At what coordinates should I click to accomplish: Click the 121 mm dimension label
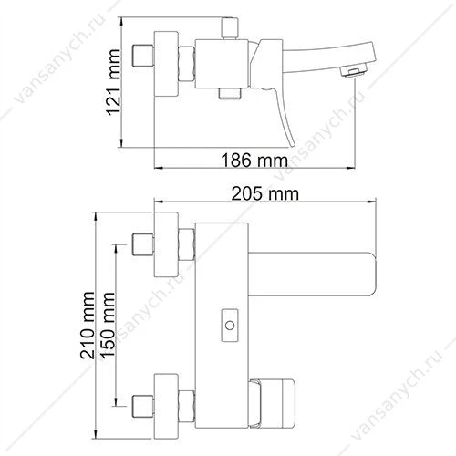114,82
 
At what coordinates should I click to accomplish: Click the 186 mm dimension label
254,161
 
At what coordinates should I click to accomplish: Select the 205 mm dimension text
265,193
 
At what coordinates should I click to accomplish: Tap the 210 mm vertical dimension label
87,325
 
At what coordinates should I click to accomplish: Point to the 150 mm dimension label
108,326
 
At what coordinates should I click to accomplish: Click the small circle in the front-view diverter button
230,326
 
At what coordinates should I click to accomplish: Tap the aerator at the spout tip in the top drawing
353,72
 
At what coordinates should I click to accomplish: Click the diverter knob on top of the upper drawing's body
230,28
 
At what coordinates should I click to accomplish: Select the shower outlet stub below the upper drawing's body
230,94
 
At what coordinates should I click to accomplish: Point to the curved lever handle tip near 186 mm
291,143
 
